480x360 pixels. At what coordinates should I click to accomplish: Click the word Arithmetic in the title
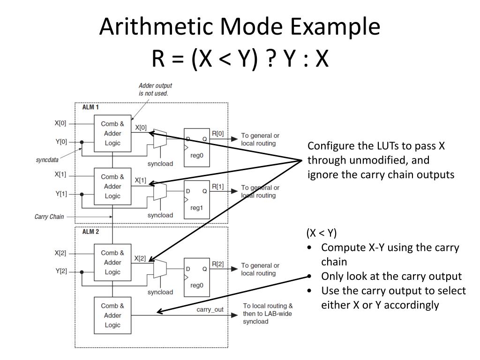(x=157, y=27)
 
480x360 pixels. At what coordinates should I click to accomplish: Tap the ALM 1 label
(x=90, y=107)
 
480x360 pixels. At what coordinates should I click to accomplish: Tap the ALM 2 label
(x=90, y=232)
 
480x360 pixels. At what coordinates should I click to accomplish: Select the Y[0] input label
(x=61, y=142)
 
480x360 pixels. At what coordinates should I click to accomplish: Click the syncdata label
(x=47, y=160)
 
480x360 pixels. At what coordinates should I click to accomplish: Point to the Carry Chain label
(x=49, y=217)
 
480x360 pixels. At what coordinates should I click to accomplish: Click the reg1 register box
(x=196, y=200)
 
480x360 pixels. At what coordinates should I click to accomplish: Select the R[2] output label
(x=217, y=264)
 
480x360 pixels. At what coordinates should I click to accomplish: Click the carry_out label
(x=210, y=309)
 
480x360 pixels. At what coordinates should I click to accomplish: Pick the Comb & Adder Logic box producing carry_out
(x=112, y=315)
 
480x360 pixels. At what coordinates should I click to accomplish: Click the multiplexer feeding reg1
(x=160, y=191)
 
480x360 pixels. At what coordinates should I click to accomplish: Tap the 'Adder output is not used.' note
(x=155, y=90)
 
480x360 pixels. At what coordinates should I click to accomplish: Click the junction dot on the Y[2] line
(x=82, y=272)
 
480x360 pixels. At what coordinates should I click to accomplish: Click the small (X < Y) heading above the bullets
(x=322, y=233)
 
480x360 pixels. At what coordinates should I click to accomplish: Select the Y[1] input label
(x=61, y=194)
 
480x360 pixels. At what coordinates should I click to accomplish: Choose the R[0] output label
(x=217, y=134)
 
